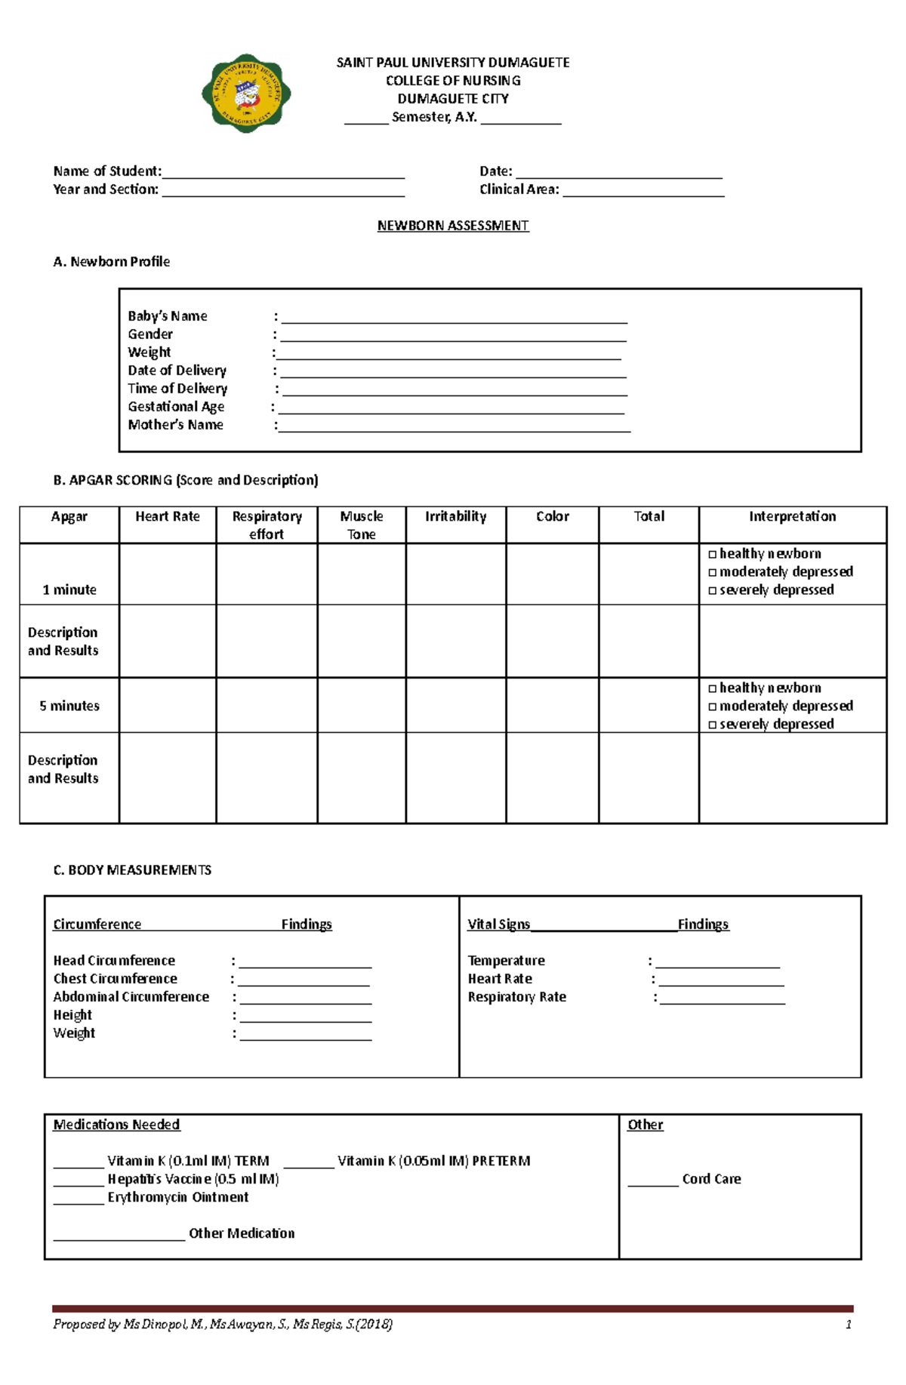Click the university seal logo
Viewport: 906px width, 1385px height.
[x=246, y=94]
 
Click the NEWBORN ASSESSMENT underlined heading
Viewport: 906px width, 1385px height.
[x=453, y=226]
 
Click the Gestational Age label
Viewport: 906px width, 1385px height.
[x=176, y=407]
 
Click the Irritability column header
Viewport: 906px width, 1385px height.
[x=455, y=517]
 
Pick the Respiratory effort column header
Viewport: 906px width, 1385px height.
[x=267, y=525]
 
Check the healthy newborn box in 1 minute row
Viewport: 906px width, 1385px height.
[x=712, y=554]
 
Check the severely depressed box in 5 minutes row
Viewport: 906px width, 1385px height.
[x=712, y=725]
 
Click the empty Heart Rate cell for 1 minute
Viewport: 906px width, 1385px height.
[x=168, y=574]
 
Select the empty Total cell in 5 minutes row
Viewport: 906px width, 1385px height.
[x=649, y=706]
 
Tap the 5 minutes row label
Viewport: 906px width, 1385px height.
[x=69, y=706]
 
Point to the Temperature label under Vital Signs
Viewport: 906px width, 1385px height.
[x=506, y=961]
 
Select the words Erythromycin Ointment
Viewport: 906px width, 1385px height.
[x=177, y=1198]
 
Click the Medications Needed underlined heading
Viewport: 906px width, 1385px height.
[x=116, y=1125]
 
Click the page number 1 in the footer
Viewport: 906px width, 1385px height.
[x=849, y=1325]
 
